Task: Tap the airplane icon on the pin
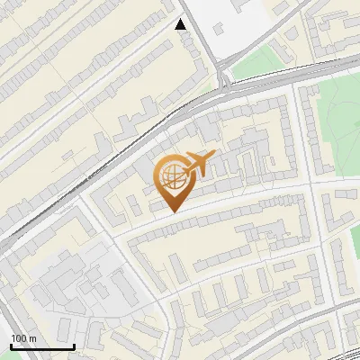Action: [200, 164]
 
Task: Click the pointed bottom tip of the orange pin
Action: [175, 211]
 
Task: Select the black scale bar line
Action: [42, 347]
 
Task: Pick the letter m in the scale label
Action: [32, 338]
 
